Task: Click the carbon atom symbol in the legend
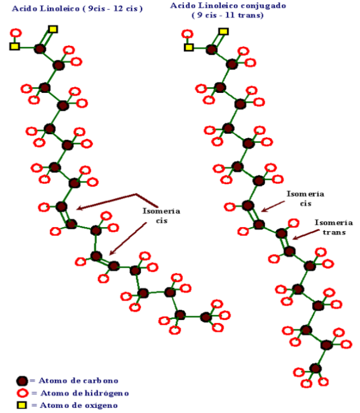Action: pyautogui.click(x=22, y=381)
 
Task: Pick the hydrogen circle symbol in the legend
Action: pyautogui.click(x=22, y=393)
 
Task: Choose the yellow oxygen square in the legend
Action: pyautogui.click(x=22, y=405)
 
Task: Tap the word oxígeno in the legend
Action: pyautogui.click(x=100, y=406)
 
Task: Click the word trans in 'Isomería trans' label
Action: pyautogui.click(x=334, y=232)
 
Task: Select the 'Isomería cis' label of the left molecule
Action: pyautogui.click(x=161, y=216)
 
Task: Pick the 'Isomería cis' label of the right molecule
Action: pyautogui.click(x=306, y=198)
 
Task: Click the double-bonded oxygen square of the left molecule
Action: pyautogui.click(x=53, y=29)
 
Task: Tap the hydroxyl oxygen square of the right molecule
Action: pyautogui.click(x=189, y=48)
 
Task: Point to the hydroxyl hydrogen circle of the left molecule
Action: pyautogui.click(x=16, y=33)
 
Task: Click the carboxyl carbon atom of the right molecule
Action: pyautogui.click(x=212, y=49)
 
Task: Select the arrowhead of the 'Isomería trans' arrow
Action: pyautogui.click(x=295, y=239)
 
